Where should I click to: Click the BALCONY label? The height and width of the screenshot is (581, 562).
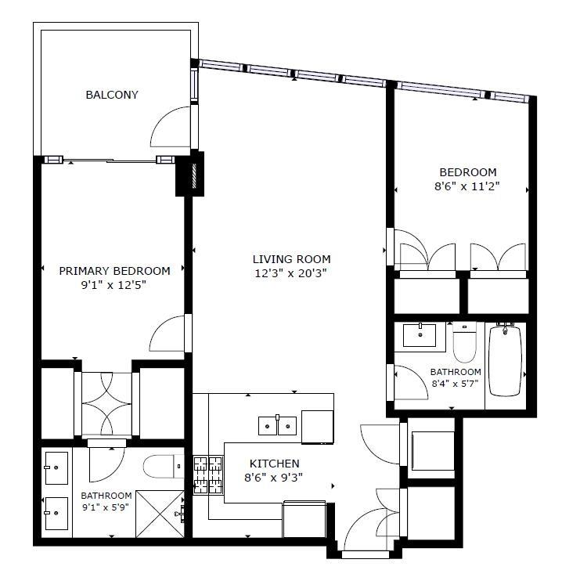112,95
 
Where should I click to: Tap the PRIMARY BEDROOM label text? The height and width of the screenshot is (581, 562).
114,271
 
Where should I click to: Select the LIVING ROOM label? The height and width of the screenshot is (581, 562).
291,259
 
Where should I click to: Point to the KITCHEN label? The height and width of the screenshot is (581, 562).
274,464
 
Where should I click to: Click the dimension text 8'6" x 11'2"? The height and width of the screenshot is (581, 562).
468,186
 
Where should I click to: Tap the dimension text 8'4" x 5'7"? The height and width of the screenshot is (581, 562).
455,384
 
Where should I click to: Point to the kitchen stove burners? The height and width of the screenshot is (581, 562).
207,477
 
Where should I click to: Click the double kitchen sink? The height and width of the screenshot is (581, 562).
277,425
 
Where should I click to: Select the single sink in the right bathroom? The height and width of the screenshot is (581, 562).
420,335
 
